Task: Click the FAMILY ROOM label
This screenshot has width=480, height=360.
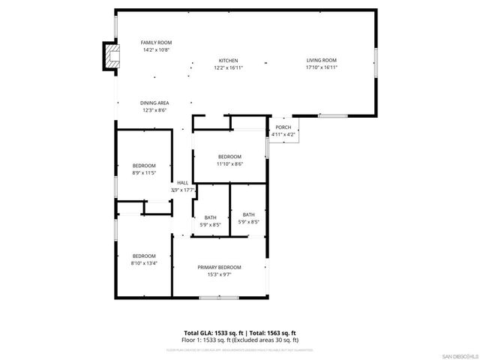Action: (157, 43)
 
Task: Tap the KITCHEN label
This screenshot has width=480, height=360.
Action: (229, 61)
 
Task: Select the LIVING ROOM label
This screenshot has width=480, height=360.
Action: (321, 61)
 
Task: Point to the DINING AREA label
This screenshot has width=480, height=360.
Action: (154, 103)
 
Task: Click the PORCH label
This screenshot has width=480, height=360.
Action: (283, 127)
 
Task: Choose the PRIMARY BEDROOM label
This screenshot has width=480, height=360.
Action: (220, 268)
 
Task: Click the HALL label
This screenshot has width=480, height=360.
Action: (182, 183)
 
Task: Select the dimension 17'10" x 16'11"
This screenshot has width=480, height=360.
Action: (321, 67)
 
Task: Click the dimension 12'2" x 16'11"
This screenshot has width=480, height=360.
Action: (229, 67)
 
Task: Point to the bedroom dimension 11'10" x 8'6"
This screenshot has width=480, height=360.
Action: (230, 163)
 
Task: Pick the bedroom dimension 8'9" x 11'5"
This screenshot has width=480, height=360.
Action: (144, 172)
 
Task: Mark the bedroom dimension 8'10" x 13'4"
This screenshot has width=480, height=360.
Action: (144, 262)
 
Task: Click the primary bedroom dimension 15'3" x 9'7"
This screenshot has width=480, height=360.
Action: (220, 274)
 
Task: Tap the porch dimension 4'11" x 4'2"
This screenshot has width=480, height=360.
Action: (283, 134)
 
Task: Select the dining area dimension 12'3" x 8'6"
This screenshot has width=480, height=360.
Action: (154, 109)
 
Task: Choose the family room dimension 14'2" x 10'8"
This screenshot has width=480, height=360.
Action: (157, 49)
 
